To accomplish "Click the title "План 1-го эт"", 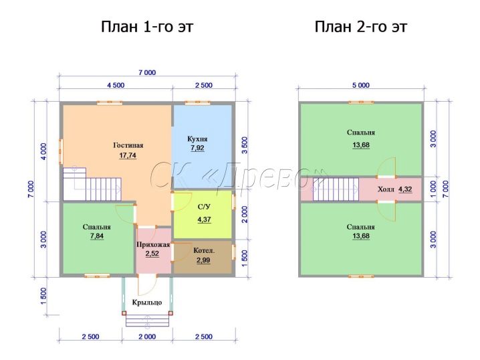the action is point(147,27).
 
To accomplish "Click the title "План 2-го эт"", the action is point(360,27).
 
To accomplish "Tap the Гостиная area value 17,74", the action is point(128,155).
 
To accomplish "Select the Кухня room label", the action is point(197,139).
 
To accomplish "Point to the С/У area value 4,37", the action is point(204,219).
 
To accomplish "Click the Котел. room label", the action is point(204,251).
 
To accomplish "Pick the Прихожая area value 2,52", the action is point(152,254).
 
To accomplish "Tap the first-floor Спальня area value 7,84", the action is point(97,236).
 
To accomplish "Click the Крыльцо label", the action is point(147,302).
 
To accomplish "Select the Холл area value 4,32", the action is point(405,189).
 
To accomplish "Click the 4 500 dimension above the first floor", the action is point(116,85).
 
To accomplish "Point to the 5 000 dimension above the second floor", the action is point(361,85).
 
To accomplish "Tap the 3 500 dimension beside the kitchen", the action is point(245,145).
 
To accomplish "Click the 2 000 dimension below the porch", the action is point(147,337).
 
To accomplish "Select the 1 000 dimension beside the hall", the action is point(433,189).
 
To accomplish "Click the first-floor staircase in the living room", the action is point(92,184).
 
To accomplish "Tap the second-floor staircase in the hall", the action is point(335,189).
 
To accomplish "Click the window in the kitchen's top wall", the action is point(197,102).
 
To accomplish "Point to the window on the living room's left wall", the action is point(61,152).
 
